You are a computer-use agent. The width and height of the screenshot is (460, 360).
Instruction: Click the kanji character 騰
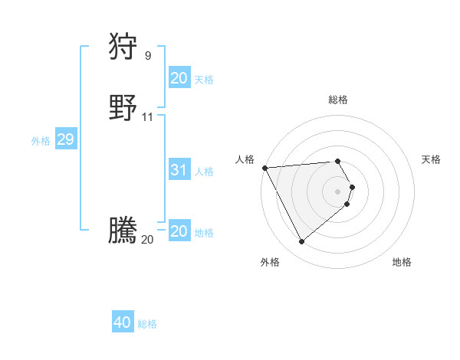tap(123, 231)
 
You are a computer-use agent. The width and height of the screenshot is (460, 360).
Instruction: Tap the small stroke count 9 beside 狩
tap(148, 55)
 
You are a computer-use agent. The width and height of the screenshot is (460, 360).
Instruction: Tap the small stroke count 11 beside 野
tap(148, 117)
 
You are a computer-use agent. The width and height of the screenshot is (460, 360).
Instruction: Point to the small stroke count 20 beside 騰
tap(147, 240)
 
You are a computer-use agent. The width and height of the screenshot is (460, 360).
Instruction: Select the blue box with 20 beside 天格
tap(179, 78)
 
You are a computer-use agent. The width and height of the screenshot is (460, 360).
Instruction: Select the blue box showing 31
tap(179, 170)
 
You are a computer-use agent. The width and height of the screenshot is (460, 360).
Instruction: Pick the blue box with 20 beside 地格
tap(179, 232)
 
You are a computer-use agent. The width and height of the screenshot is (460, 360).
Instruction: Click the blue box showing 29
tap(65, 139)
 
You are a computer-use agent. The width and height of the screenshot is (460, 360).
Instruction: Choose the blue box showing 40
tap(123, 322)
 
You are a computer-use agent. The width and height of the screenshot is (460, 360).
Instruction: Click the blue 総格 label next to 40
tap(147, 324)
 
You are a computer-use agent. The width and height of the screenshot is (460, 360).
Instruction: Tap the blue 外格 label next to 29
tap(41, 141)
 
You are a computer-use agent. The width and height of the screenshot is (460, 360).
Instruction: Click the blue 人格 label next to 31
tap(205, 172)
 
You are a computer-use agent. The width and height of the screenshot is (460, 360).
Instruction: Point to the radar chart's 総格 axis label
tap(338, 100)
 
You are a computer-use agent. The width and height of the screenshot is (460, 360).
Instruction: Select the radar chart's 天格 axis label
tap(432, 159)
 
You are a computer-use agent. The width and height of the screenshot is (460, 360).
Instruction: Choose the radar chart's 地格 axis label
tap(402, 262)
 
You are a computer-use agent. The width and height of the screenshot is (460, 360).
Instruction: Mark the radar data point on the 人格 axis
tap(264, 168)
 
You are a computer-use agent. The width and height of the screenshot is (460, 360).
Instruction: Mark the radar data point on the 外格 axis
tap(301, 242)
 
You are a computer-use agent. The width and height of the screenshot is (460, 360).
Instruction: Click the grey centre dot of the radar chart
tap(338, 191)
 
